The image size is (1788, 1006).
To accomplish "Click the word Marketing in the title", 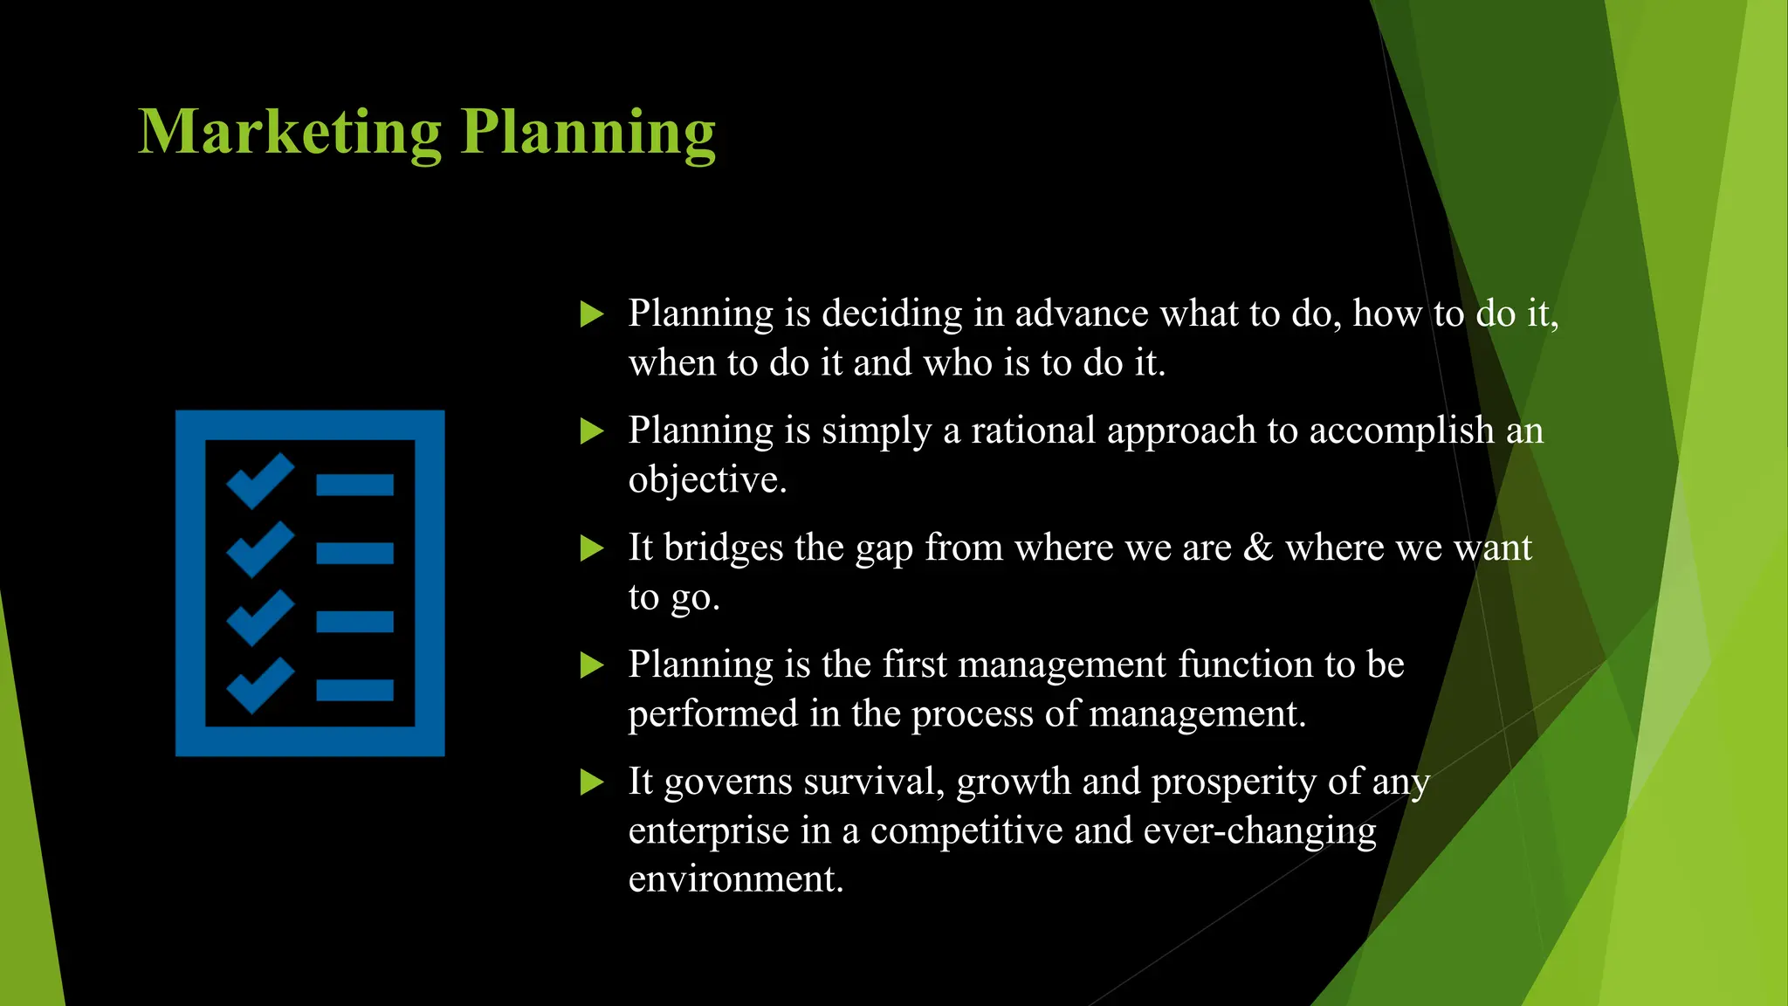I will pos(290,132).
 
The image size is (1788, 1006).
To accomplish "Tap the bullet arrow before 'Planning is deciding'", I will pos(592,314).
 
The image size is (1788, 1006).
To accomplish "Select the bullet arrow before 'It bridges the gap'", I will pos(592,548).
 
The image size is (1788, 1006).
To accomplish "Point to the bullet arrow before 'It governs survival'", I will pos(592,782).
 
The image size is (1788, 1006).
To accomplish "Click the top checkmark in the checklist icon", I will pos(259,480).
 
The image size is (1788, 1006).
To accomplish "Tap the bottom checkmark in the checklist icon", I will pos(259,686).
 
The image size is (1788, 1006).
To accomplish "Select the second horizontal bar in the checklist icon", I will pos(354,553).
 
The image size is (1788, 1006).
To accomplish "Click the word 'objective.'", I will pos(707,480).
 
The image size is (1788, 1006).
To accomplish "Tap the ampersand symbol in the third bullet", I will pos(1258,548).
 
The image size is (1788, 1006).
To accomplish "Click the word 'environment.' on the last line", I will pos(736,879).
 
